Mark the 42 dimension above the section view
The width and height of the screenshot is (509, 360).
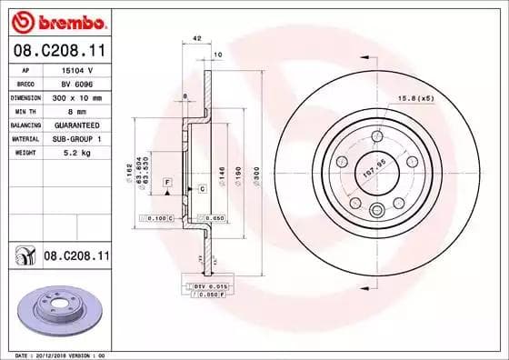coord(197,38)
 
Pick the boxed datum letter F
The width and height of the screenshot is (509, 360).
coord(168,183)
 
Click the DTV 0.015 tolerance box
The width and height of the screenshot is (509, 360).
coord(215,286)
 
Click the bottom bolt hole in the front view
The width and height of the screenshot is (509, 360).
coord(374,210)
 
